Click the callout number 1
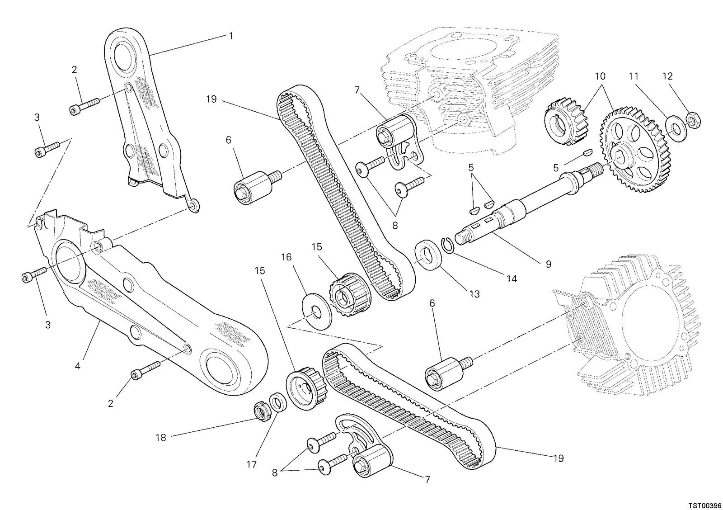(x=230, y=36)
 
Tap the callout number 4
(x=77, y=366)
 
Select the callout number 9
(x=549, y=264)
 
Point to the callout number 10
(x=600, y=76)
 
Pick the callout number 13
(x=474, y=294)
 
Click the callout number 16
(x=286, y=257)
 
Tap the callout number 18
(x=161, y=438)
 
